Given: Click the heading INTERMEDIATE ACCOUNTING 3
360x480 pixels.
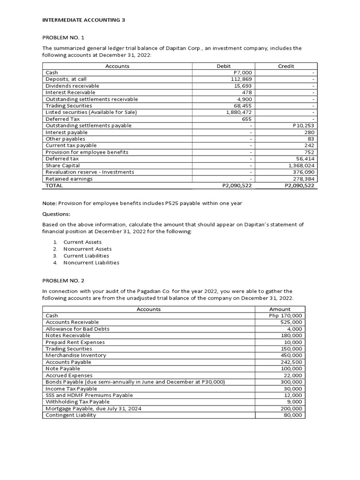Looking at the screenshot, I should tap(84, 20).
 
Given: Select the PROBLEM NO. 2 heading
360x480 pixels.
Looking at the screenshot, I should tap(62, 280).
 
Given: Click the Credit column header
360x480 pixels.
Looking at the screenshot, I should tap(286, 66).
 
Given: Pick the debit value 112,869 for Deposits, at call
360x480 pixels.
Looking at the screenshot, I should tap(242, 79).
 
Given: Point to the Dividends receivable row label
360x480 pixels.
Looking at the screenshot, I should tap(72, 86).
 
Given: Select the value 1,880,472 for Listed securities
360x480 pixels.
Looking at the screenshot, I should tap(239, 112).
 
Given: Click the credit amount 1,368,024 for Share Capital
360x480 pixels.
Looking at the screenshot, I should tap(301, 165).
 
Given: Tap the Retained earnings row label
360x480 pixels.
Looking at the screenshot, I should tap(69, 179).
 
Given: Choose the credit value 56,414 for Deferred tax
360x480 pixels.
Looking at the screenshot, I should tap(305, 159).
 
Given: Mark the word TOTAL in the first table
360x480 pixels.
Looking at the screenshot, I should tap(54, 186).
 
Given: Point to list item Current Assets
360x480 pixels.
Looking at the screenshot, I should tap(82, 242).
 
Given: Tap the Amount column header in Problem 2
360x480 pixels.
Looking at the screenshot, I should tap(280, 309).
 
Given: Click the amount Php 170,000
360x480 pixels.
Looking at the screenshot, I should tap(285, 316).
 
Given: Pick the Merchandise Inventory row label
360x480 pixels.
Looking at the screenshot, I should tap(76, 355).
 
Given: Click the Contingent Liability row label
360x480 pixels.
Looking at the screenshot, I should tap(71, 415).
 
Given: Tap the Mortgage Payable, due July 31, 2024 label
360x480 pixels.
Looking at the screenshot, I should tap(93, 408).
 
